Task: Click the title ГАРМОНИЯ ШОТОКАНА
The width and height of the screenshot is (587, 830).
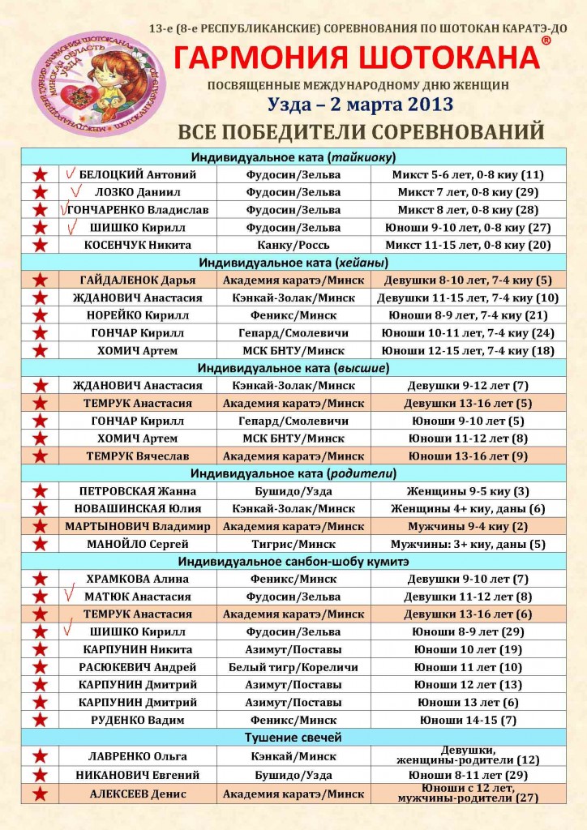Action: pyautogui.click(x=357, y=58)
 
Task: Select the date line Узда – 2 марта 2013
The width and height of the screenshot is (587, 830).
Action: pyautogui.click(x=356, y=104)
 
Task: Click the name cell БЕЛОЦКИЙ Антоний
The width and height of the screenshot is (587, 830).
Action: pyautogui.click(x=137, y=174)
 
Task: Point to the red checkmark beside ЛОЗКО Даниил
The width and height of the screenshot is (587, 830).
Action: pyautogui.click(x=78, y=192)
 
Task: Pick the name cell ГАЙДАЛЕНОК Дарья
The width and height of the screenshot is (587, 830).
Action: pyautogui.click(x=137, y=280)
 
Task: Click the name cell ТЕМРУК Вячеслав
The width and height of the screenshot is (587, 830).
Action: pyautogui.click(x=137, y=456)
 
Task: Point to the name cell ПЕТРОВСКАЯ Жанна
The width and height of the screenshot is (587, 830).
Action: pyautogui.click(x=137, y=491)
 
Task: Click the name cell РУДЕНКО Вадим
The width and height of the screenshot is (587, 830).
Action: pyautogui.click(x=137, y=720)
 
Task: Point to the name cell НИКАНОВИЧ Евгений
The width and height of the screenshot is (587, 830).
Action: pyautogui.click(x=137, y=775)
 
